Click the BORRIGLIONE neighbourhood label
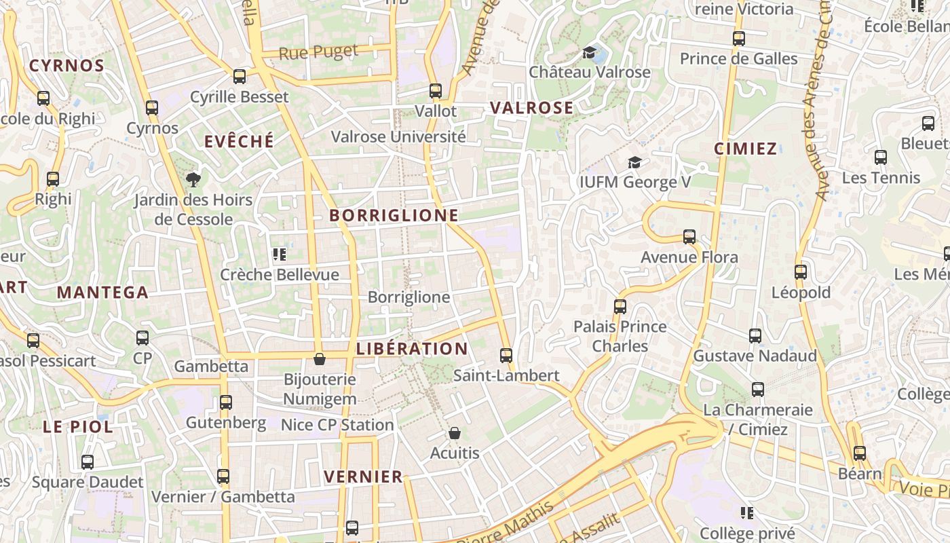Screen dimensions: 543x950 [394, 216]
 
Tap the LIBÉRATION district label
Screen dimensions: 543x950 [412, 349]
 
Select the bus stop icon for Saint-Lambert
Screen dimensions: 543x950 [506, 355]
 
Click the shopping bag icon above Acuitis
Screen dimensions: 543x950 [455, 433]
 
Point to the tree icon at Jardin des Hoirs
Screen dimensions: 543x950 [193, 180]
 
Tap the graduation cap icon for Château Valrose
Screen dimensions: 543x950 [589, 52]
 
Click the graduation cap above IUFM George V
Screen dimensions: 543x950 [634, 162]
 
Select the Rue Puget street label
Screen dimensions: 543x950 [318, 52]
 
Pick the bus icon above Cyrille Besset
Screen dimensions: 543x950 [239, 77]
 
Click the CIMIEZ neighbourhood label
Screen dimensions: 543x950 [745, 149]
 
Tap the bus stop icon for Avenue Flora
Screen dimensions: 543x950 [689, 237]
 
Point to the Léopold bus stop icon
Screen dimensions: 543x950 [801, 272]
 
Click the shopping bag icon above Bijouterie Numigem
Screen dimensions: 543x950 [319, 359]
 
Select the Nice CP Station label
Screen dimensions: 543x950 [337, 425]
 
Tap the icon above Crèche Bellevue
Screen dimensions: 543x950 [279, 255]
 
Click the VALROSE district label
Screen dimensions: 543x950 [531, 108]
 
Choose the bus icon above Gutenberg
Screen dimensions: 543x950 [226, 402]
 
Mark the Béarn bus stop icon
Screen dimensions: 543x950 [860, 453]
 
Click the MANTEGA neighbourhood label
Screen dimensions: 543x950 [102, 293]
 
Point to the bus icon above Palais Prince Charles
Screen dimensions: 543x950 [620, 307]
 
